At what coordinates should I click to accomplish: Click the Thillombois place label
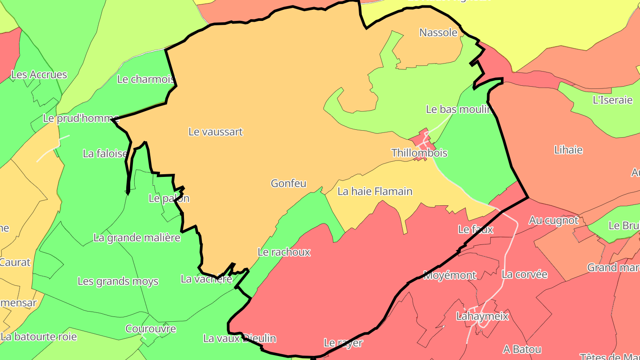[419, 153]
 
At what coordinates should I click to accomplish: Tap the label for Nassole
[438, 32]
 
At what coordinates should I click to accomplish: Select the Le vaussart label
[216, 132]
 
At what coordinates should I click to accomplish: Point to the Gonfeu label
[288, 183]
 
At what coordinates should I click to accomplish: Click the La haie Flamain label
[375, 191]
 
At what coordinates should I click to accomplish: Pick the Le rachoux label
[284, 252]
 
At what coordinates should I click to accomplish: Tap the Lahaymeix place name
[482, 316]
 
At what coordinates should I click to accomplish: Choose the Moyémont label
[449, 275]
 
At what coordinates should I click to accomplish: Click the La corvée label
[524, 274]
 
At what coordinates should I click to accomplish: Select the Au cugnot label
[553, 220]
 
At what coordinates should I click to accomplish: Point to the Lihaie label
[568, 150]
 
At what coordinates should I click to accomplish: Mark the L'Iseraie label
[612, 100]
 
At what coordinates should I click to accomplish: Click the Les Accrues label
[39, 75]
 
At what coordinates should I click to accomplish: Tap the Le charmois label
[145, 79]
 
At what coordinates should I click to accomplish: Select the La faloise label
[105, 153]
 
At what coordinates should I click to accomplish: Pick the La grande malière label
[137, 237]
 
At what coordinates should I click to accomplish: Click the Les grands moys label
[118, 281]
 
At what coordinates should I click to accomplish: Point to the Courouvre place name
[150, 329]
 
